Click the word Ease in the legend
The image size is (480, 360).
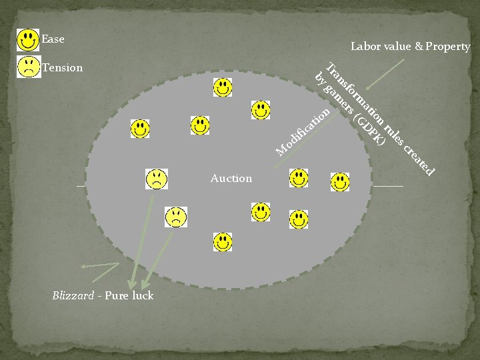[x=53, y=39]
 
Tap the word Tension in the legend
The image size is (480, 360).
[x=63, y=67]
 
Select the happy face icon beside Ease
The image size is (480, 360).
[x=28, y=40]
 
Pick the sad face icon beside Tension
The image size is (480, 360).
[x=28, y=67]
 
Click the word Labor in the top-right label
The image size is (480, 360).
[x=365, y=47]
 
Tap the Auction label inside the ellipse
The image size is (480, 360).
[x=231, y=178]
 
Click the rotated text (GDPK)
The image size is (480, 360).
[x=369, y=130]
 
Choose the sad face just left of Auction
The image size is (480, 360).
[x=156, y=179]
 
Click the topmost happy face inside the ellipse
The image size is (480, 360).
[x=223, y=87]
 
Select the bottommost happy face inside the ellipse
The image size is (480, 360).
[x=223, y=241]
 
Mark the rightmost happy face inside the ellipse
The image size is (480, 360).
[x=339, y=181]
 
